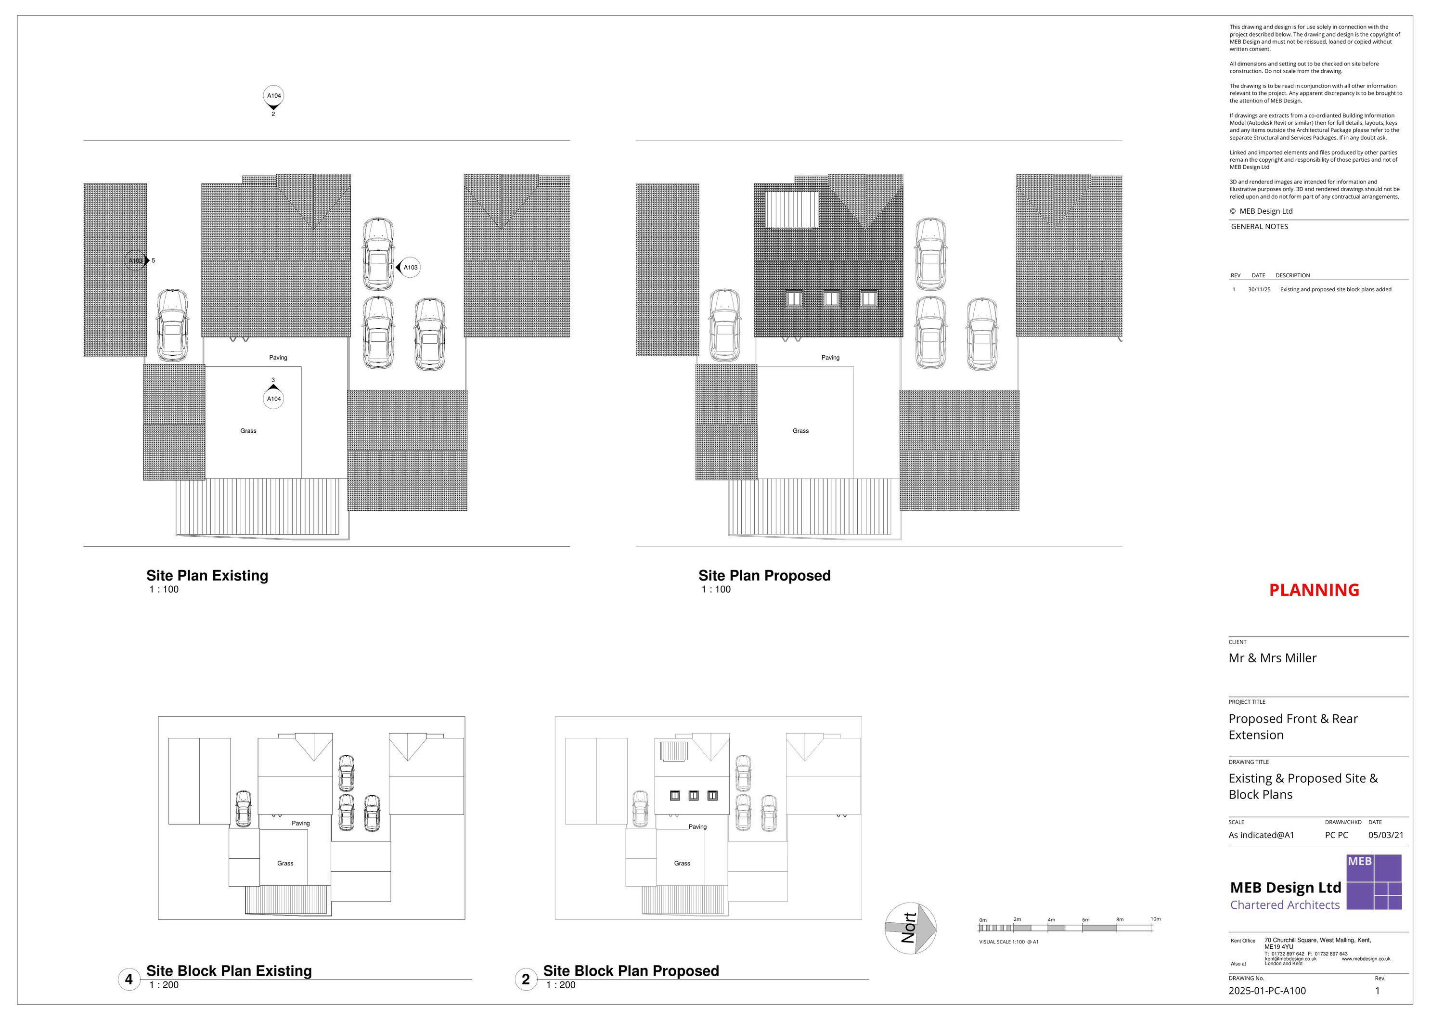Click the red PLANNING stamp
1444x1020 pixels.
point(1314,590)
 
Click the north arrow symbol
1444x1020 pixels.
point(910,928)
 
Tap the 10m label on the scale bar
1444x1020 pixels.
point(1155,919)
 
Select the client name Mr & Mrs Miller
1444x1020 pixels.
point(1272,658)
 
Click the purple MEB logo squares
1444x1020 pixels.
point(1374,882)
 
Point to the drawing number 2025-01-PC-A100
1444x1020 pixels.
point(1267,991)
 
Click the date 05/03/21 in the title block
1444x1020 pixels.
point(1385,835)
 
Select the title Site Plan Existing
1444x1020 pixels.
point(207,575)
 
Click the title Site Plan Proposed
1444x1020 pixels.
point(764,575)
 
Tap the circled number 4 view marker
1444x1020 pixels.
point(129,979)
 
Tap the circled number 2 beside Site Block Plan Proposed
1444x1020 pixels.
point(526,979)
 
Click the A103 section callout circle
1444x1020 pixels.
point(410,267)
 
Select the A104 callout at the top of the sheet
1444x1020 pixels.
point(273,96)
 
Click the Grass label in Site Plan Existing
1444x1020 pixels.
point(248,431)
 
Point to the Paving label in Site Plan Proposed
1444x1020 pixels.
point(830,357)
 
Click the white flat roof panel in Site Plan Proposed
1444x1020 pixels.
point(792,209)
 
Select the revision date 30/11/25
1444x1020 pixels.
point(1259,289)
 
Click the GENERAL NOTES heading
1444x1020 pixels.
point(1259,226)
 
